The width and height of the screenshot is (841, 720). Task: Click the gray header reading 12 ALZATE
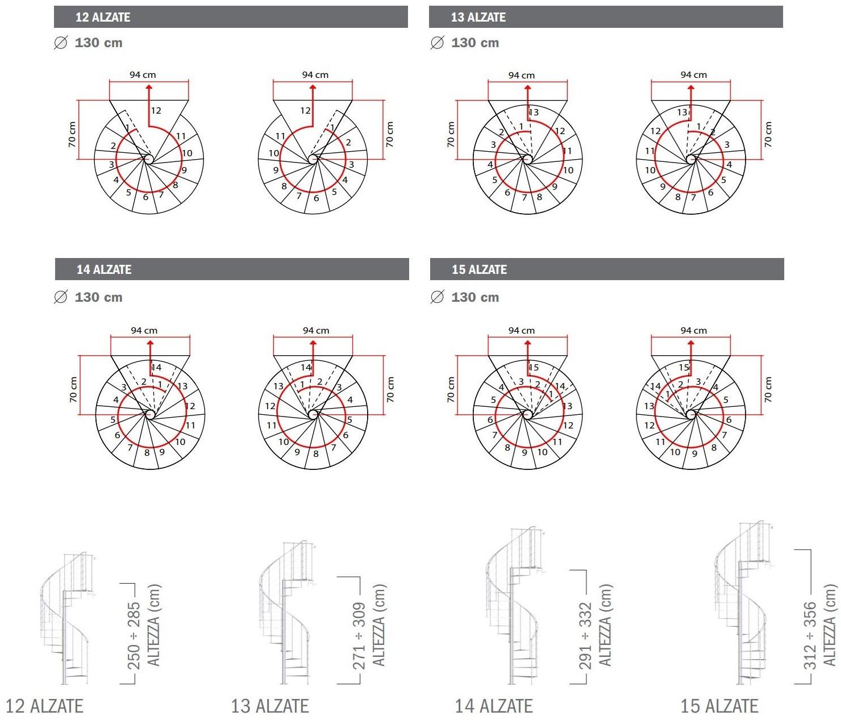[x=103, y=17]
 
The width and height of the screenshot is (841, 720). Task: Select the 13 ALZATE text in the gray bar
[x=478, y=17]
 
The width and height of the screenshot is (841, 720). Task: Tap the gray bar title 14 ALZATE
[x=104, y=269]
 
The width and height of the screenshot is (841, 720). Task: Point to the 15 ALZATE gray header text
[x=479, y=269]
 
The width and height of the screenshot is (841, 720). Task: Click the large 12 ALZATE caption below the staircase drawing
[x=44, y=706]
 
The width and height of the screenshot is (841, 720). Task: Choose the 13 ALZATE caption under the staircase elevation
[x=270, y=706]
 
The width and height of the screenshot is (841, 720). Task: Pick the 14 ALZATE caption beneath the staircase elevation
[x=494, y=706]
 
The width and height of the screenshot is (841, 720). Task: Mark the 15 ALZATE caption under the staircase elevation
[x=720, y=706]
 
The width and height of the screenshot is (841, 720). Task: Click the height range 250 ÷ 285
[x=134, y=636]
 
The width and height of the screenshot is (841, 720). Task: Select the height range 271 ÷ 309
[x=359, y=636]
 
